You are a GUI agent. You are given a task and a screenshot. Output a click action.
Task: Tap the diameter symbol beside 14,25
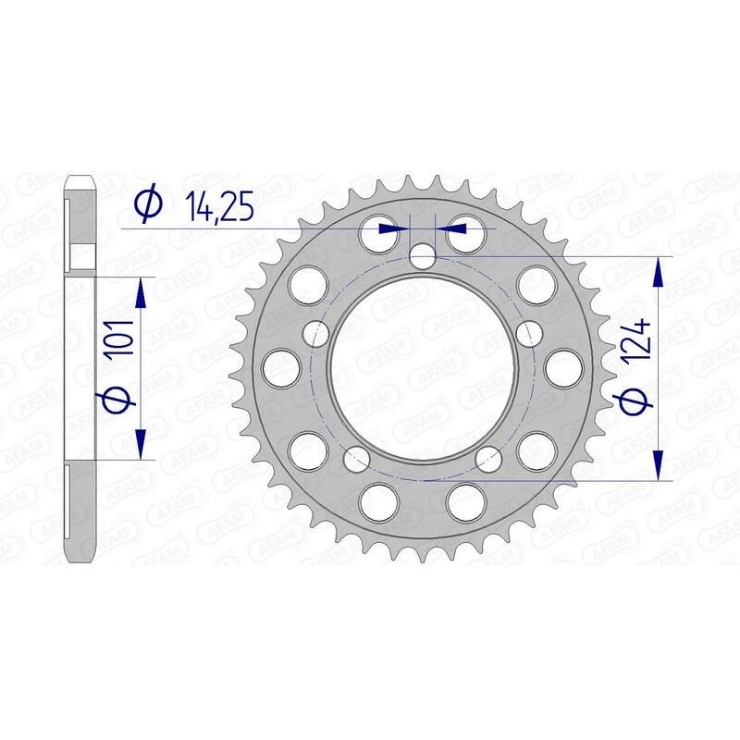click(x=148, y=204)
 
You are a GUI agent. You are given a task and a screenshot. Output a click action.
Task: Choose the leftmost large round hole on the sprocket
click(x=277, y=368)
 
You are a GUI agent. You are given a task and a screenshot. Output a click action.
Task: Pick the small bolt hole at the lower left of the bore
click(x=354, y=457)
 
